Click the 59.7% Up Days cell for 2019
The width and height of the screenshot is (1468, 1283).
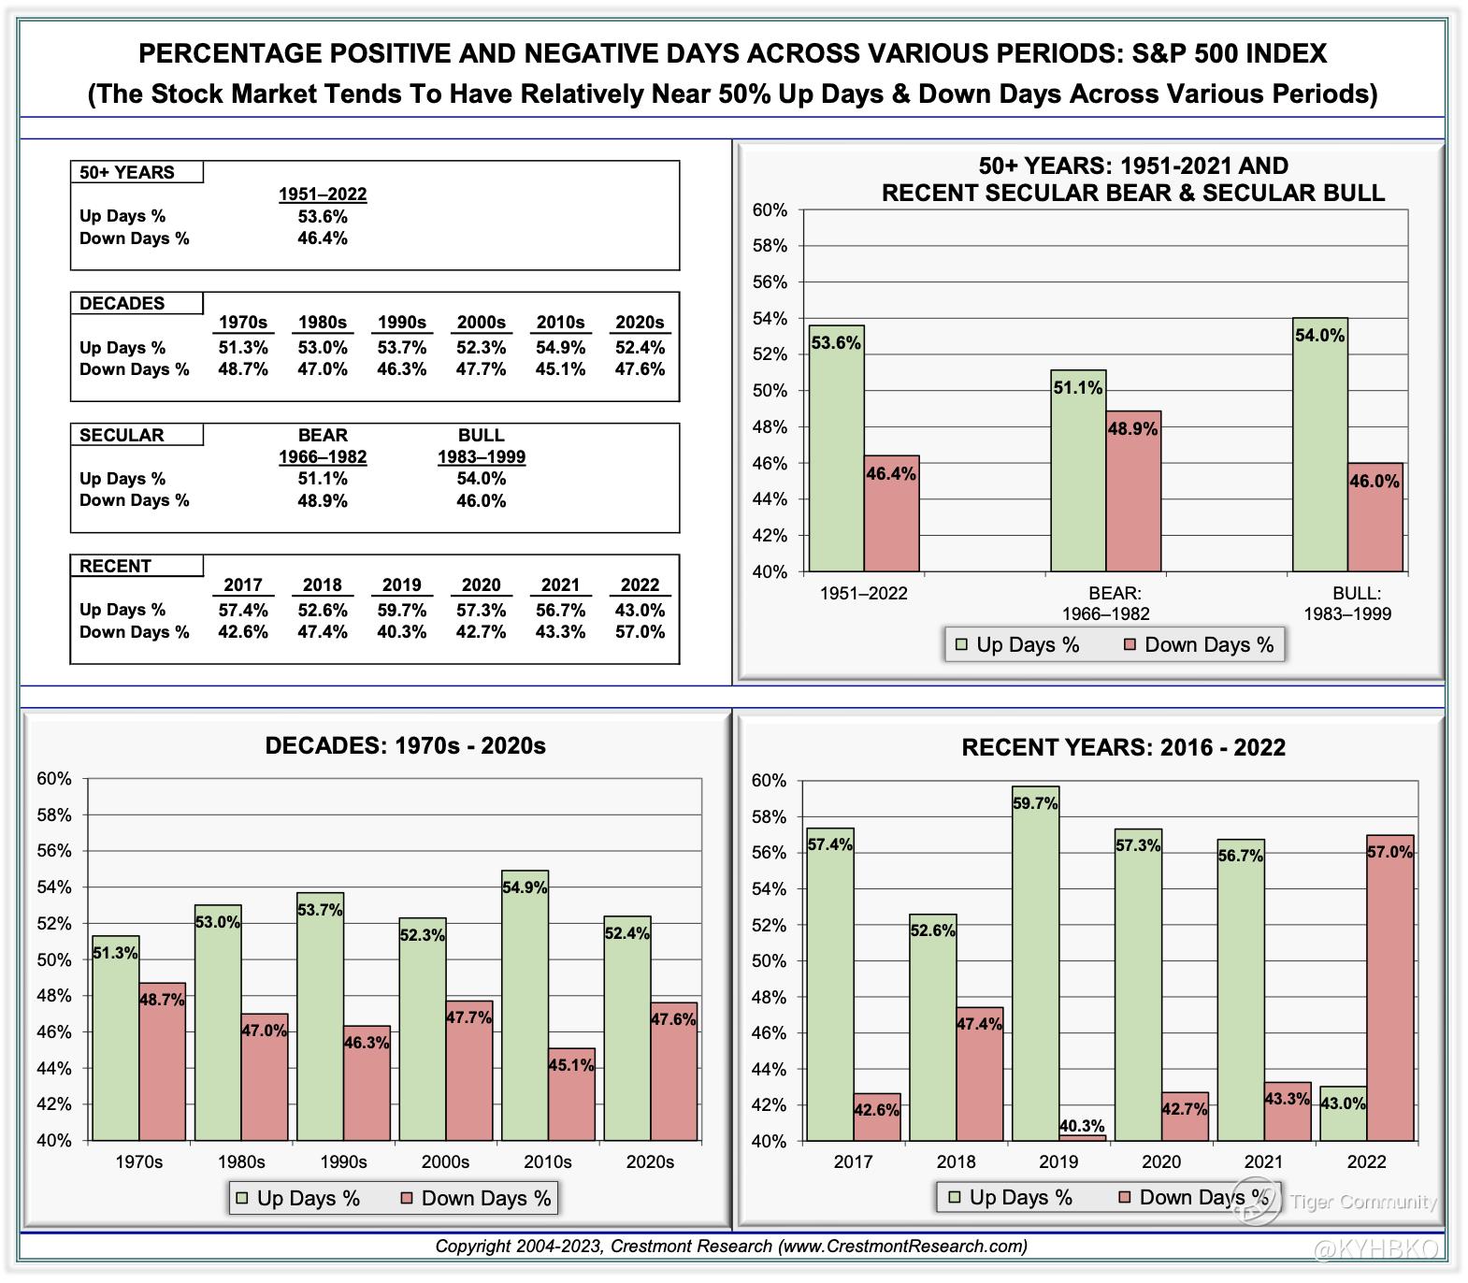click(402, 610)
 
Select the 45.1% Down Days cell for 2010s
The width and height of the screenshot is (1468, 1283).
click(561, 369)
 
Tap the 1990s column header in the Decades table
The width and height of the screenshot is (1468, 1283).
click(402, 323)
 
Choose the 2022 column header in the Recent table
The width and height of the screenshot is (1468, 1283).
click(640, 585)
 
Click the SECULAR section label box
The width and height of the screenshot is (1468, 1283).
click(137, 435)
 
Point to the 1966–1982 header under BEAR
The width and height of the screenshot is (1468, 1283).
click(323, 457)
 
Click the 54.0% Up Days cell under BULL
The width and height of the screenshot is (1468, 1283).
click(482, 479)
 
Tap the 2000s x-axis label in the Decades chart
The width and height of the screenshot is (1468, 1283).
click(445, 1162)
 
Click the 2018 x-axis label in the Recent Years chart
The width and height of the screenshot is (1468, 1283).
click(956, 1162)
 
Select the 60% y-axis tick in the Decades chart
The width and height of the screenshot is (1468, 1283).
click(54, 779)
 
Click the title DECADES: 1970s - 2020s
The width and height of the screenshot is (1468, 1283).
click(405, 745)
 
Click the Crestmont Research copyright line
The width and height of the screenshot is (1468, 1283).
click(731, 1247)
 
